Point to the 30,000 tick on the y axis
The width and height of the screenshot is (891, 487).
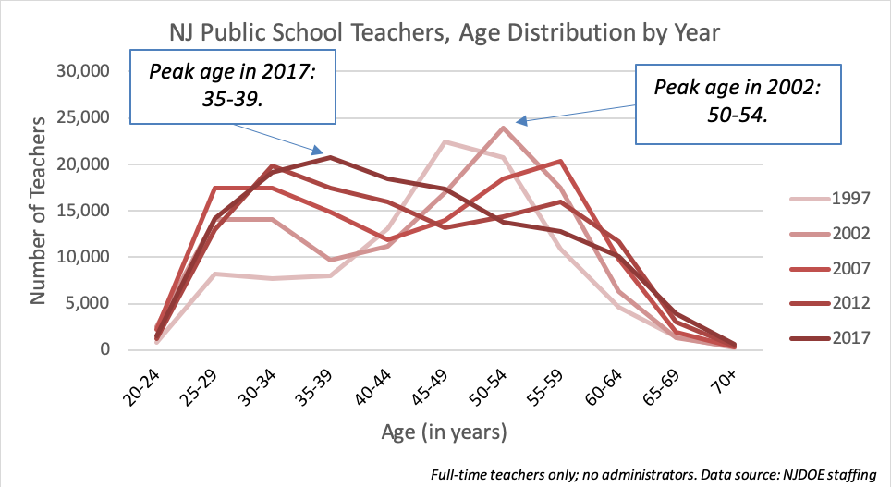point(84,72)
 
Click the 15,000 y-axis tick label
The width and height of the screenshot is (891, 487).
point(84,211)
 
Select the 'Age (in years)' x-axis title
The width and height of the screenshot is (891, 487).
point(444,431)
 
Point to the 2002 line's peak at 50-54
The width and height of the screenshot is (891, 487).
point(502,128)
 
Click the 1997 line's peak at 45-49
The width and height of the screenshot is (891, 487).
point(445,142)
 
